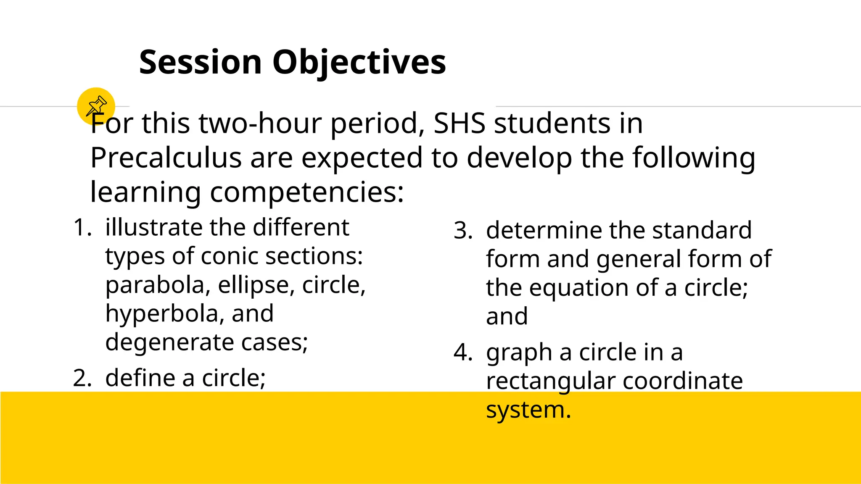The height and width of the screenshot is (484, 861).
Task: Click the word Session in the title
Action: [x=201, y=62]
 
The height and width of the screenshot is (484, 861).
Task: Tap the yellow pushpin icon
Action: [x=96, y=106]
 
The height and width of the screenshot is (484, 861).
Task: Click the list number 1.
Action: [x=82, y=228]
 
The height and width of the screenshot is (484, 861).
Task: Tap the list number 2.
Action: [x=82, y=378]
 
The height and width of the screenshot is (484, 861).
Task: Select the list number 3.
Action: [x=462, y=231]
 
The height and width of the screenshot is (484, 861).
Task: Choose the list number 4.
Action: [x=462, y=352]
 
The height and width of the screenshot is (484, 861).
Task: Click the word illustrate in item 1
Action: [x=153, y=228]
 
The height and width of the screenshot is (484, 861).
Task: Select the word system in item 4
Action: [x=528, y=410]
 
